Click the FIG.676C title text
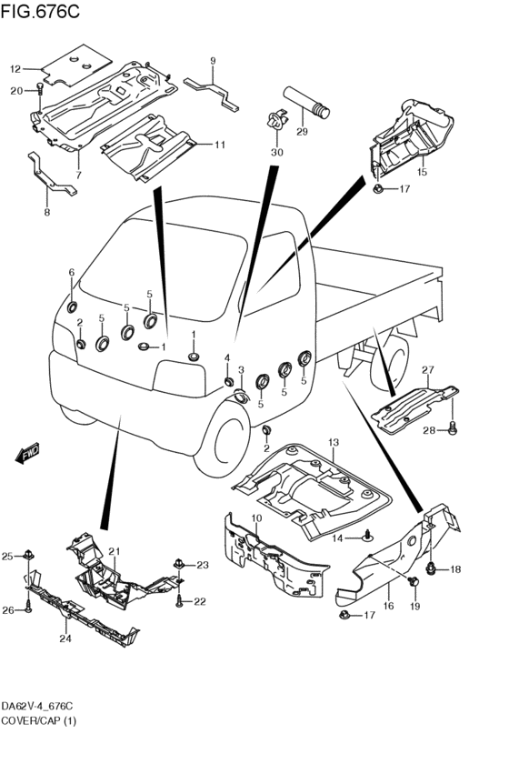point(40,11)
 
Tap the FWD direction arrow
point(27,453)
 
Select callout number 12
point(15,69)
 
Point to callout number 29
point(302,131)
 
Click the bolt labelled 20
point(40,89)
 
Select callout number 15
point(422,172)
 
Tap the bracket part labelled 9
point(211,94)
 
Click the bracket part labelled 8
point(51,176)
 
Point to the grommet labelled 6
point(72,307)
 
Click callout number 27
point(427,370)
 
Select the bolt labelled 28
point(453,428)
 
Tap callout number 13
point(334,442)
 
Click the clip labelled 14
point(368,536)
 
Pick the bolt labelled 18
point(432,568)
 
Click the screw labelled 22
point(180,600)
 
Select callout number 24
point(65,638)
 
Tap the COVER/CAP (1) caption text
point(39,720)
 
